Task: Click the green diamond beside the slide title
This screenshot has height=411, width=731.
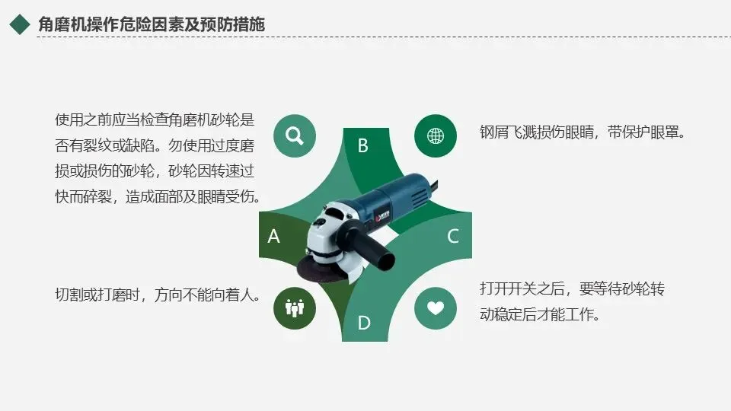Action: pos(20,24)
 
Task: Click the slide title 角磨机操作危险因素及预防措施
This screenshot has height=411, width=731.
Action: pos(152,24)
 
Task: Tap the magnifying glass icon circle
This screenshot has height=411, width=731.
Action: pos(295,135)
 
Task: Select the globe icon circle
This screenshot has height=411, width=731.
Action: pos(436,135)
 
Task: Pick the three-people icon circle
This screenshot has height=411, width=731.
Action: pos(295,308)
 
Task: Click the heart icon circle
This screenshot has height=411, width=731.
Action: pos(436,308)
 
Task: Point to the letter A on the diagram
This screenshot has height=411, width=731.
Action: pos(273,236)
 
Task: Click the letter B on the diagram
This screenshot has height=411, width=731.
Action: pos(362,145)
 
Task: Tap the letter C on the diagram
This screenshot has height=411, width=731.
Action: pos(452,236)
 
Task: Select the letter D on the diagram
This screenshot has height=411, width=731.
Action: pos(364,323)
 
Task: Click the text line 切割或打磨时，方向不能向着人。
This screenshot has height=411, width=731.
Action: pos(158,295)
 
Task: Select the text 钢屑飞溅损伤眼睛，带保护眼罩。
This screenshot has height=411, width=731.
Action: pos(583,132)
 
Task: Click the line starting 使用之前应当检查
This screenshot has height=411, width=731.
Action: pos(155,119)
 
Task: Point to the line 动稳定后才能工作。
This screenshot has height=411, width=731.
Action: pos(540,314)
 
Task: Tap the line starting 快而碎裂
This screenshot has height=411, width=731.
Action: pos(158,196)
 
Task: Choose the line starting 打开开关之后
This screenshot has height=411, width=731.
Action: pos(572,289)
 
